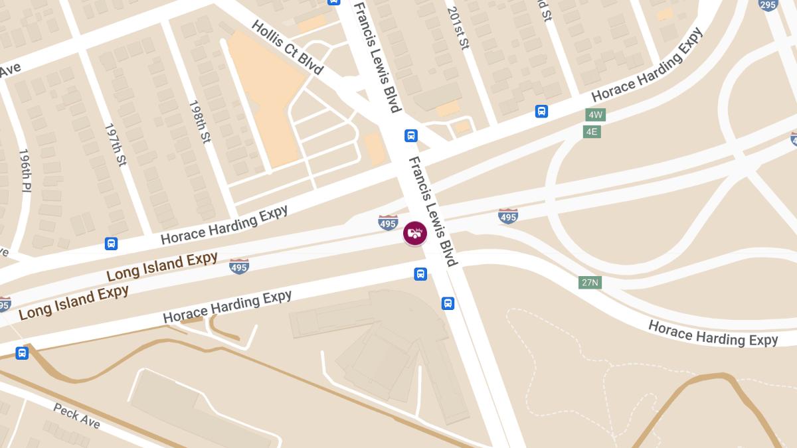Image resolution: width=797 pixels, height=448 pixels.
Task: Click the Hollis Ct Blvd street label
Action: [287, 47]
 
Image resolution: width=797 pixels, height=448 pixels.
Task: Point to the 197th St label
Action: [115, 144]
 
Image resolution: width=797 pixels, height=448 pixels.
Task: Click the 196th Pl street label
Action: [25, 171]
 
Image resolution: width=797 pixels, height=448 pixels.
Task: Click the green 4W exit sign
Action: [595, 114]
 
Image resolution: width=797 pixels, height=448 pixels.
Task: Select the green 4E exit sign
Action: [592, 131]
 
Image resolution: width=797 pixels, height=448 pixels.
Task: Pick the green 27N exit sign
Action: [590, 282]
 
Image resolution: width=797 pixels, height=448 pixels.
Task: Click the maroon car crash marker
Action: [415, 233]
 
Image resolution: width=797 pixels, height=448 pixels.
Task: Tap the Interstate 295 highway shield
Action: [768, 4]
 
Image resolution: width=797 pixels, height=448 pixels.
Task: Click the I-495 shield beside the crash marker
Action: [389, 222]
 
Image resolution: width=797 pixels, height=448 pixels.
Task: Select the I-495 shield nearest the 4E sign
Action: [508, 216]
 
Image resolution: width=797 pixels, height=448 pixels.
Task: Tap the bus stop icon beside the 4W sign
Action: [542, 112]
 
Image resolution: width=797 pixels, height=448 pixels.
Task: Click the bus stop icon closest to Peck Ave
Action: [22, 353]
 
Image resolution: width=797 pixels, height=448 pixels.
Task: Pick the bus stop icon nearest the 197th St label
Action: [111, 244]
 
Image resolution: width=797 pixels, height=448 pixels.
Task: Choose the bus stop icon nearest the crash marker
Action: [420, 273]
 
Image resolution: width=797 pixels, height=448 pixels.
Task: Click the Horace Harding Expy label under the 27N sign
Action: [713, 333]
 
